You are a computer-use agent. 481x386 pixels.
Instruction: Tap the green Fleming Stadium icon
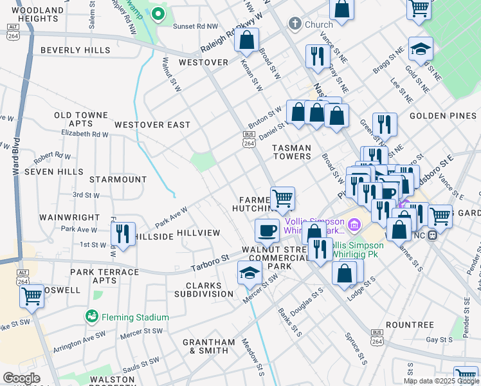pyautogui.click(x=92, y=317)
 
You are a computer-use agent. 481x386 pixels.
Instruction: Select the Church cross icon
pyautogui.click(x=295, y=24)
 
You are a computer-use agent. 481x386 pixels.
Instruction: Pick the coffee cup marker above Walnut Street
pyautogui.click(x=267, y=230)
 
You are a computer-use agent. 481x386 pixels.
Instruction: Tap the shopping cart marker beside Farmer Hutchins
pyautogui.click(x=282, y=198)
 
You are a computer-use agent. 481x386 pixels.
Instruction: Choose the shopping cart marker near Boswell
pyautogui.click(x=32, y=296)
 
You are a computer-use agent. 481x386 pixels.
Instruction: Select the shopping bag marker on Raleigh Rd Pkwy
pyautogui.click(x=246, y=40)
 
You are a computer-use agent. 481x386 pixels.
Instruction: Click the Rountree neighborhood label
pyautogui.click(x=411, y=325)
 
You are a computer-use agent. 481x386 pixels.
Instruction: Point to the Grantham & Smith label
pyautogui.click(x=205, y=346)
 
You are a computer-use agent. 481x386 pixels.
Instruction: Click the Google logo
pyautogui.click(x=21, y=378)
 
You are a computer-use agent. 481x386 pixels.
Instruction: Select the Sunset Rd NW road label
pyautogui.click(x=197, y=26)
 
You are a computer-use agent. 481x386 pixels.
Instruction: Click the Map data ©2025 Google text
pyautogui.click(x=440, y=381)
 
